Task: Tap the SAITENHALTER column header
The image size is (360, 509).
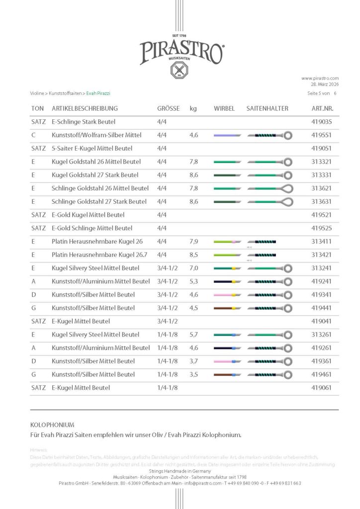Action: tap(267, 108)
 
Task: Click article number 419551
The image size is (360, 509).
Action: tap(322, 135)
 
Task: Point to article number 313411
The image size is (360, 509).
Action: tap(322, 242)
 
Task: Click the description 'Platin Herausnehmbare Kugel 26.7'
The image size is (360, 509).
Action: tap(97, 255)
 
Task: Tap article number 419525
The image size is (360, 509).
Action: tap(322, 228)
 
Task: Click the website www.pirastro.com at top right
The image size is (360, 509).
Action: tap(320, 78)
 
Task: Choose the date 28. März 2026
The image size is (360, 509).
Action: tap(324, 84)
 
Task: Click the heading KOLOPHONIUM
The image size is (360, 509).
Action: tap(52, 425)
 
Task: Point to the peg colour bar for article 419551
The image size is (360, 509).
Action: tap(227, 135)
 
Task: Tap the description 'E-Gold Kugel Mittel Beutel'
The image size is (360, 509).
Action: tap(88, 215)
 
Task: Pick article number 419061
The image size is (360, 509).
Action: tap(322, 388)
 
